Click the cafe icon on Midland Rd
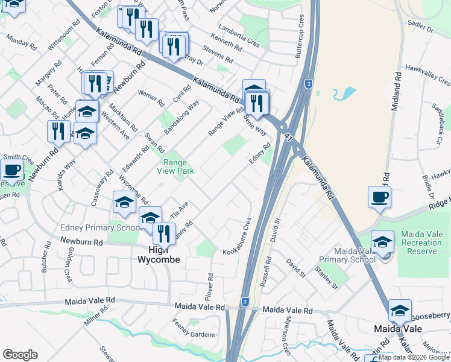pos(379,197)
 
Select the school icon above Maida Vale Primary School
pos(382,243)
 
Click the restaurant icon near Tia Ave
pos(164,233)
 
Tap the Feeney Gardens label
pos(194,334)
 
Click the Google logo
pos(19,355)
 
